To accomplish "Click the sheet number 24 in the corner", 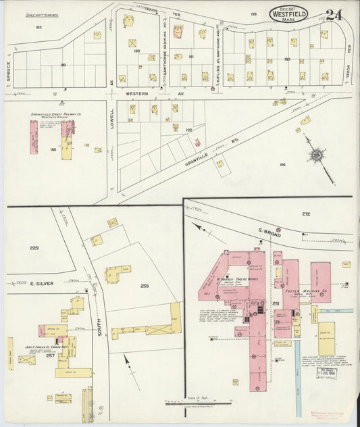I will (333, 14).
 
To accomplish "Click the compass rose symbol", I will (316, 155).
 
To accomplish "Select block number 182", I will (38, 27).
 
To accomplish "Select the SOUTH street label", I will (99, 327).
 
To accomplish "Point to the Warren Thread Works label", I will (238, 278).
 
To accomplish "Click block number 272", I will (305, 214).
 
